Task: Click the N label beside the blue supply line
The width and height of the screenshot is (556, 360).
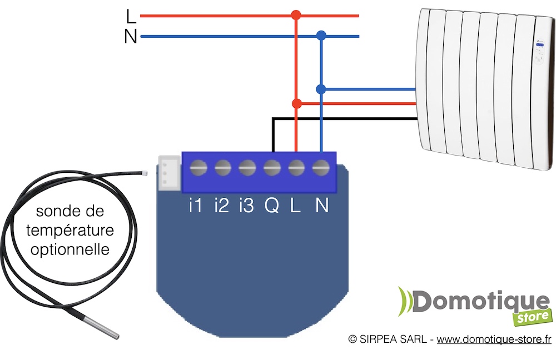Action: (x=131, y=37)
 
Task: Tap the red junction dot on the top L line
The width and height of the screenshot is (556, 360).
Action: (x=296, y=16)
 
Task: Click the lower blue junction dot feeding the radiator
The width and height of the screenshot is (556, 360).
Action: (x=321, y=89)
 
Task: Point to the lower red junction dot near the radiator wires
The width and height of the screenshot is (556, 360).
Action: (x=296, y=103)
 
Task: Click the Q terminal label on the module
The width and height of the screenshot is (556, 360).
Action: (x=272, y=206)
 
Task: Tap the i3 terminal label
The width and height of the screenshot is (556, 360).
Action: (x=246, y=206)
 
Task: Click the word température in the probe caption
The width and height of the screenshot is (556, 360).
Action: (x=70, y=230)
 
